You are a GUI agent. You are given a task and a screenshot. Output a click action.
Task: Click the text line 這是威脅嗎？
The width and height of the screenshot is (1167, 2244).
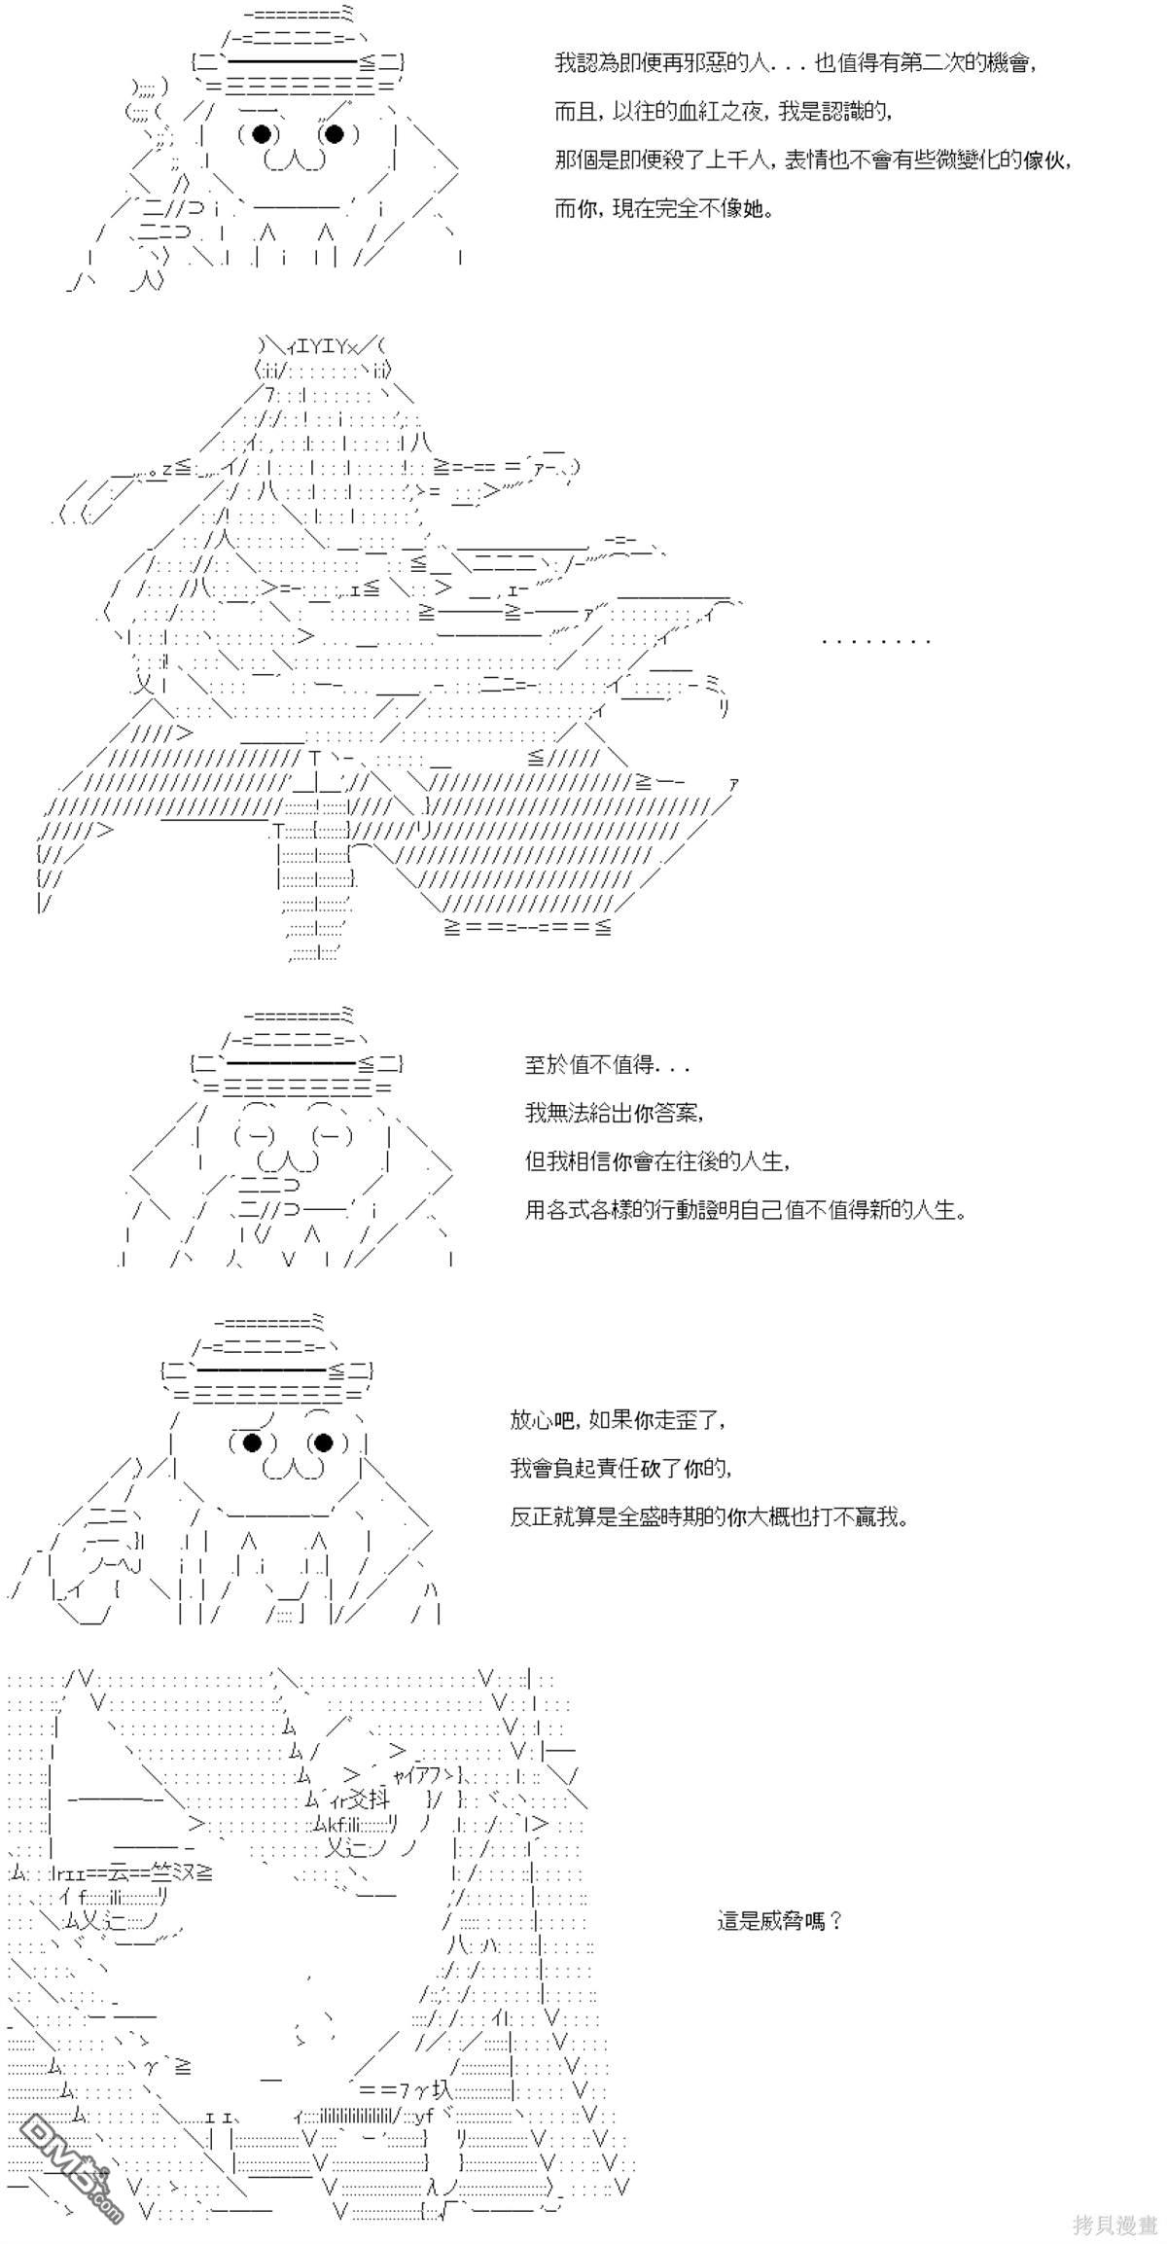click(x=779, y=1920)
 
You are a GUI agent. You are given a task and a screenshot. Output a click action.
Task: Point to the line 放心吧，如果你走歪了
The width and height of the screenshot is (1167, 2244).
click(x=618, y=1419)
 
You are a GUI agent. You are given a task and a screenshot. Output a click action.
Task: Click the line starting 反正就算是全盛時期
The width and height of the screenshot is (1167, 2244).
click(x=709, y=1516)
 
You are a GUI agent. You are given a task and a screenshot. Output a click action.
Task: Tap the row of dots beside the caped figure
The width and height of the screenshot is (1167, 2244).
click(x=876, y=641)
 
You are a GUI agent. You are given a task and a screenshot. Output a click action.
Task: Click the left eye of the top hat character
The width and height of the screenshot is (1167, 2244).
click(x=260, y=134)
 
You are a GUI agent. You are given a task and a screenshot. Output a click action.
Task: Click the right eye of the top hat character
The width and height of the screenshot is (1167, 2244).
click(x=333, y=134)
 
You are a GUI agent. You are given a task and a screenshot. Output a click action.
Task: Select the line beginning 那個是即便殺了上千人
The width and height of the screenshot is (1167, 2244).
click(x=813, y=160)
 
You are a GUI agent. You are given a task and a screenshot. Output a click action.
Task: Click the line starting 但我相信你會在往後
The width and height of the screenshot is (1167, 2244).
click(x=657, y=1161)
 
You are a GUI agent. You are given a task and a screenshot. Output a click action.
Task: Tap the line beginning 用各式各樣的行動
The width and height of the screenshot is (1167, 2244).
click(x=746, y=1210)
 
